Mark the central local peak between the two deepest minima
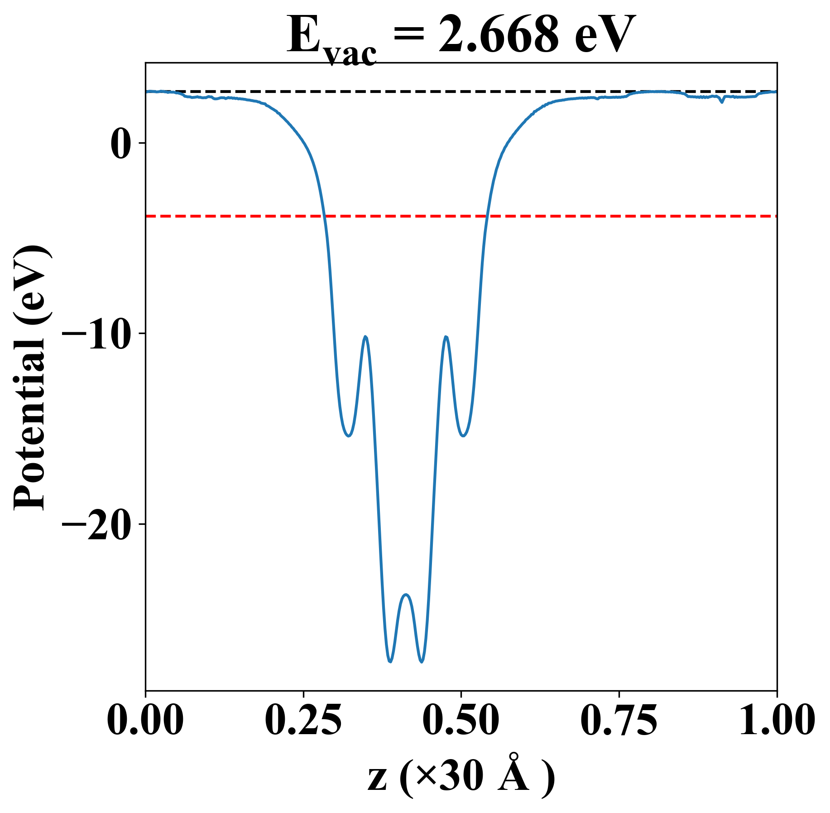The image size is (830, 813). pyautogui.click(x=406, y=595)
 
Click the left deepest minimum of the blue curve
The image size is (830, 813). pyautogui.click(x=390, y=662)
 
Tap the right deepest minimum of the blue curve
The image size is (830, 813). pyautogui.click(x=422, y=662)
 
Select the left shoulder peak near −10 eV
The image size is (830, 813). pyautogui.click(x=365, y=337)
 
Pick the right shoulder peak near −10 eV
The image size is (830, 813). pyautogui.click(x=446, y=337)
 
